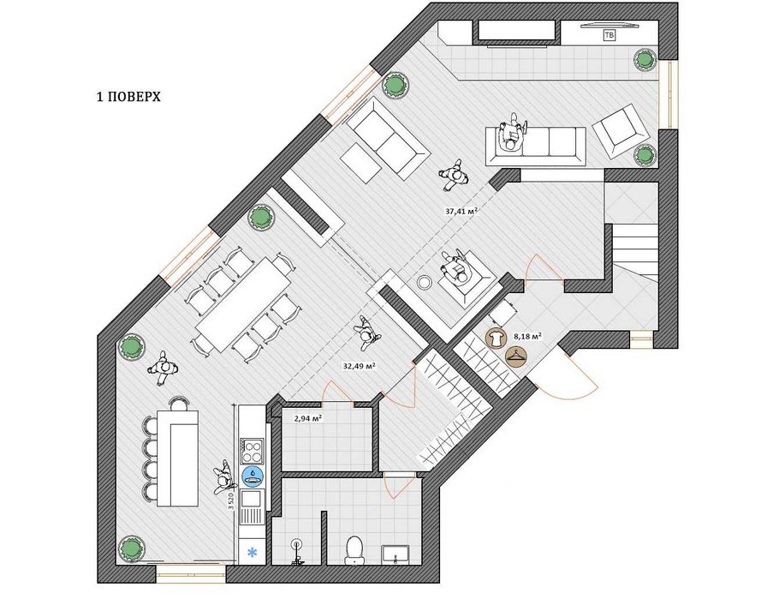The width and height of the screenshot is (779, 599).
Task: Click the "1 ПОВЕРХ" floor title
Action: (x=128, y=97)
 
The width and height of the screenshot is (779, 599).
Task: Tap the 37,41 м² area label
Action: (x=461, y=211)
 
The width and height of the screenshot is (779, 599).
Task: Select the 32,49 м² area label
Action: (x=359, y=366)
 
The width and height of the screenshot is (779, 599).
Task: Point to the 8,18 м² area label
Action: (x=527, y=336)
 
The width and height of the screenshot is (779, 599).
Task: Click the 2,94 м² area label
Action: (x=308, y=418)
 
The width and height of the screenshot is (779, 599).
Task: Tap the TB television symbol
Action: (x=609, y=35)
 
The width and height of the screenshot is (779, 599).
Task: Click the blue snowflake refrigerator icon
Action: (x=253, y=552)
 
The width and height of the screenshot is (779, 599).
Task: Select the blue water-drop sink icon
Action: (x=253, y=476)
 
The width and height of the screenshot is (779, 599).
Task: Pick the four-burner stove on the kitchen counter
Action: (x=252, y=450)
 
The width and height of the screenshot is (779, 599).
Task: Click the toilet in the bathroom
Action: (x=354, y=550)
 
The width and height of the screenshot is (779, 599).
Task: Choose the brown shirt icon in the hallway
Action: (x=495, y=339)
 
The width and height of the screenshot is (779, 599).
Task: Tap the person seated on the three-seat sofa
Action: (x=512, y=131)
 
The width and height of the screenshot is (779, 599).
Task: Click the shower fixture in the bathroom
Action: (x=296, y=551)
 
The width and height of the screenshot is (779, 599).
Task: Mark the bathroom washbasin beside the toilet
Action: (x=395, y=554)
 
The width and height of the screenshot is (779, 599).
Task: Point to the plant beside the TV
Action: (x=645, y=60)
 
